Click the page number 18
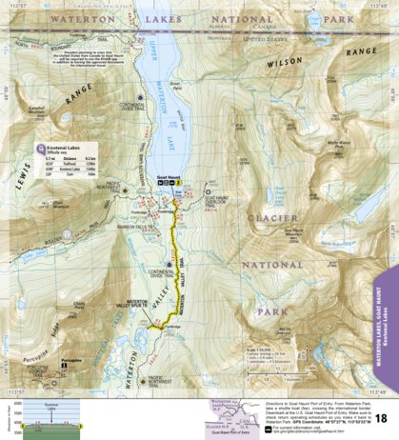[381, 418]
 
